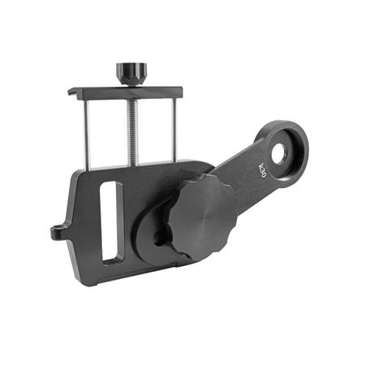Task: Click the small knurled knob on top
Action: (129, 71)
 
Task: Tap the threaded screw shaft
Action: (130, 130)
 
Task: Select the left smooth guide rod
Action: (87, 134)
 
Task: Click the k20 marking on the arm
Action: (262, 170)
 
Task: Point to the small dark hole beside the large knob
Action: (160, 235)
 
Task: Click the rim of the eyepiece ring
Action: (298, 138)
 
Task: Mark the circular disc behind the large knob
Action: (150, 243)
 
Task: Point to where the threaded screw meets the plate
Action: (131, 165)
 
